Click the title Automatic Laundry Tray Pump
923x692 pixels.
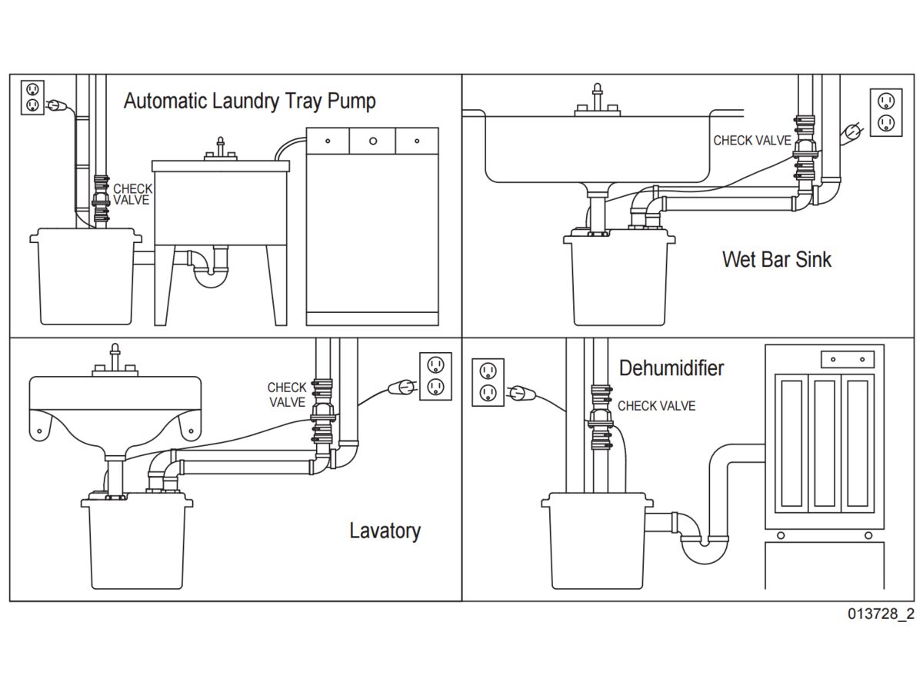[x=250, y=101]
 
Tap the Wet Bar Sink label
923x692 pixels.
[x=777, y=259]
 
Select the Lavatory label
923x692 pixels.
[x=385, y=531]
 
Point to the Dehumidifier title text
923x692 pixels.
[x=671, y=368]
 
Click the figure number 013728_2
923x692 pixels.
[x=881, y=614]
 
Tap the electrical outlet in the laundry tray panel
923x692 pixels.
[x=32, y=97]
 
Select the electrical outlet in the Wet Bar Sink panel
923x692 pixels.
[x=886, y=112]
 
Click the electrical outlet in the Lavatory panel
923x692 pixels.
[x=435, y=376]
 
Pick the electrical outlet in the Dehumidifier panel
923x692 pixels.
[x=488, y=382]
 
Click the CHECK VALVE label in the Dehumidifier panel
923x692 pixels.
[x=656, y=406]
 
